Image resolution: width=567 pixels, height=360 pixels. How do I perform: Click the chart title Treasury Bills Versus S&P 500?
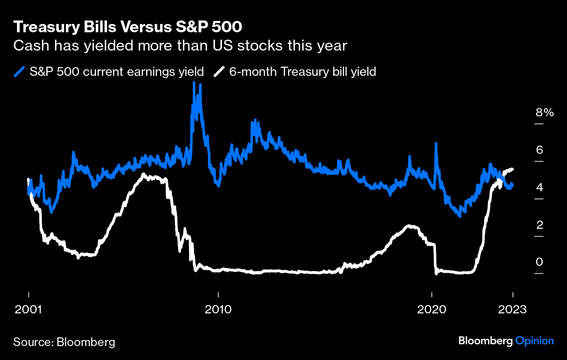click(128, 27)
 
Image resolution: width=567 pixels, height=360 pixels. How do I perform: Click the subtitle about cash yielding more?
click(180, 46)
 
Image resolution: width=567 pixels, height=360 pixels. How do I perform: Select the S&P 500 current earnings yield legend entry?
click(116, 71)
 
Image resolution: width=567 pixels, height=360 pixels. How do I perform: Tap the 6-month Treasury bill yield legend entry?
click(302, 71)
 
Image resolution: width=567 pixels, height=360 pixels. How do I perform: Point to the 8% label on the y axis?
click(544, 113)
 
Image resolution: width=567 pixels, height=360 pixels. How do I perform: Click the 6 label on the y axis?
click(539, 150)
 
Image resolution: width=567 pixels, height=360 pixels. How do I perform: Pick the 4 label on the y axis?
click(539, 188)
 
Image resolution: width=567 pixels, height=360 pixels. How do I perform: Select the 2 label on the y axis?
click(539, 225)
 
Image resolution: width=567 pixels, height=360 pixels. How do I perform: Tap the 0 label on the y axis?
click(539, 262)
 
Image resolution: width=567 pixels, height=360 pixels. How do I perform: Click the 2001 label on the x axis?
click(28, 309)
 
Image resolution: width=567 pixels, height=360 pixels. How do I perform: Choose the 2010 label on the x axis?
click(218, 309)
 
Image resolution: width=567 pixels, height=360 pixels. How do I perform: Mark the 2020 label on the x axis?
click(432, 309)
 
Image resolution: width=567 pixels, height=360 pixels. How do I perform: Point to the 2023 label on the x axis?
click(513, 309)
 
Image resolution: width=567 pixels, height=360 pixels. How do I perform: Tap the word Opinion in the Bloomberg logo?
click(534, 341)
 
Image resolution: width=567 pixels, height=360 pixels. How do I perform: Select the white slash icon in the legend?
click(220, 71)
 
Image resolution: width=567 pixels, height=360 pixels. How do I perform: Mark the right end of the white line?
click(512, 169)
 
